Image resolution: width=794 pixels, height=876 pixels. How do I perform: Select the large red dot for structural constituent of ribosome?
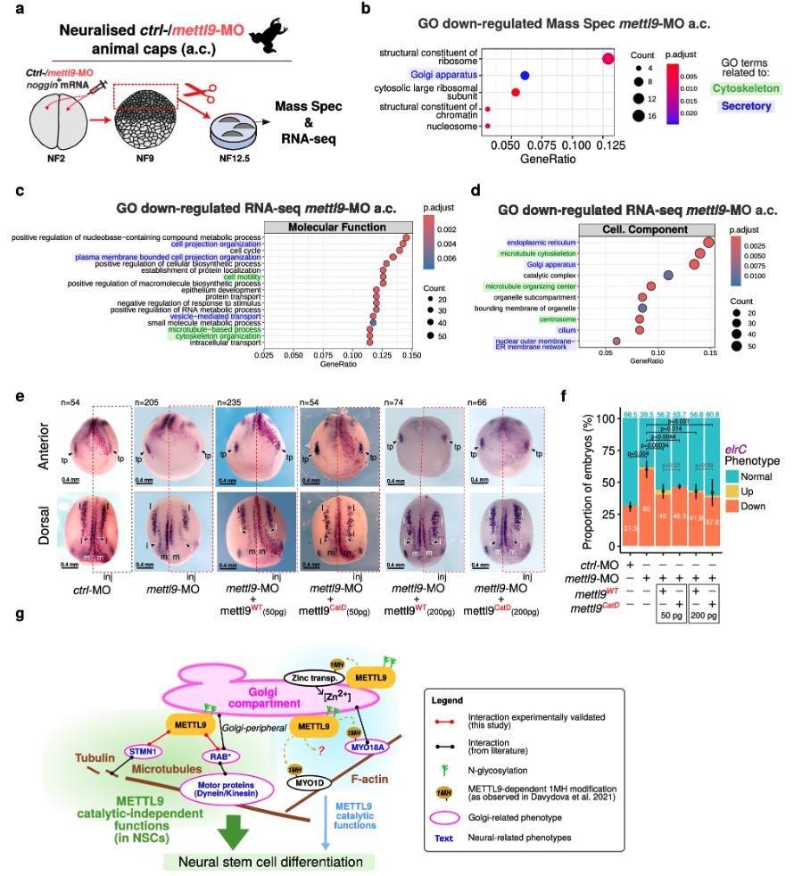coord(608,59)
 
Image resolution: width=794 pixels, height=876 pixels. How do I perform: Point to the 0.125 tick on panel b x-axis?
coord(606,142)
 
